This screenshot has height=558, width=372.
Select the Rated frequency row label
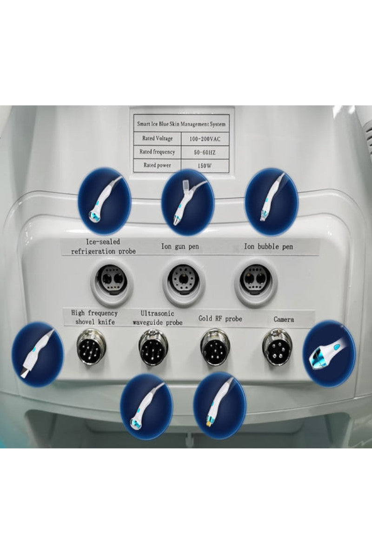(x=156, y=152)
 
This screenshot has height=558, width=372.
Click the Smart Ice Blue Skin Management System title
(x=182, y=124)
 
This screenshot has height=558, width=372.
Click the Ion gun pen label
(x=180, y=246)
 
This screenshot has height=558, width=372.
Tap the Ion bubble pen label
(x=269, y=246)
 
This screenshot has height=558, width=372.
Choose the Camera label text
(x=283, y=319)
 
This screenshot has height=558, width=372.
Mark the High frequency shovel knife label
(x=94, y=317)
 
